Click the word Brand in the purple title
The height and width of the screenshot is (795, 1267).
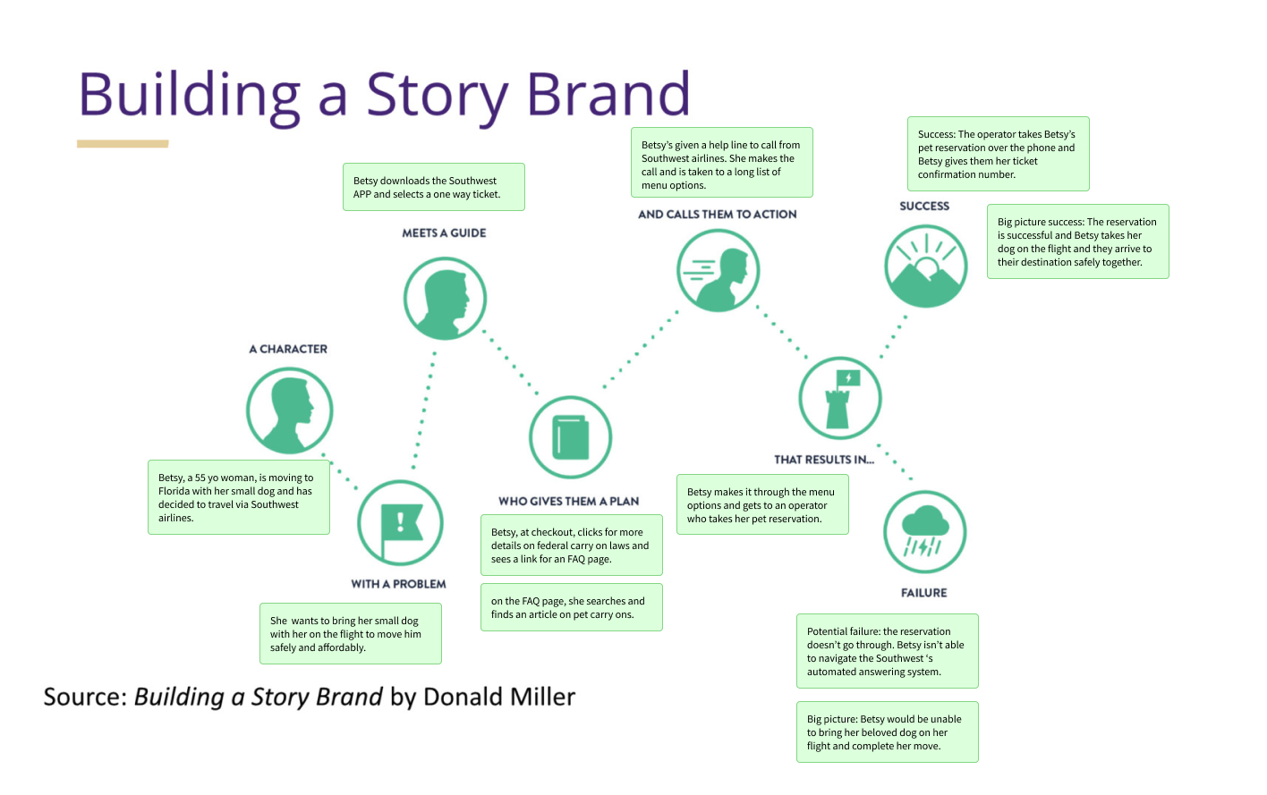tap(608, 94)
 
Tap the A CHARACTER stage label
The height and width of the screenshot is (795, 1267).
tap(288, 349)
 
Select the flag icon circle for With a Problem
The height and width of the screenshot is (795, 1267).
tap(400, 524)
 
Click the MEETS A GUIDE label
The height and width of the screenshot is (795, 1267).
tap(444, 233)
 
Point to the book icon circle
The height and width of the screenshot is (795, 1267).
tap(571, 437)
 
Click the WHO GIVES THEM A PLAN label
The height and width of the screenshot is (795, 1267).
tap(569, 501)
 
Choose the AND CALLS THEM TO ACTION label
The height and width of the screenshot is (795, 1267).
tap(718, 215)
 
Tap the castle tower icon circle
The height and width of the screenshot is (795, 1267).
tap(840, 398)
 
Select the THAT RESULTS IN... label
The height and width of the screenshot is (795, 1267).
tap(824, 460)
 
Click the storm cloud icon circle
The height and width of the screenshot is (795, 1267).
tap(924, 532)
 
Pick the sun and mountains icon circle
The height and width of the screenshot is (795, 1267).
tap(925, 266)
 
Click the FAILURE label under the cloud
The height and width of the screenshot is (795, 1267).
tap(923, 593)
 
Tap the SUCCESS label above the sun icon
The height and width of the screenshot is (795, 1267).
tap(924, 206)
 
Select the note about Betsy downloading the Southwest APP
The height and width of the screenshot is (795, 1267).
tap(434, 187)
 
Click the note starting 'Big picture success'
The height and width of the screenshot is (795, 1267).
tap(1077, 241)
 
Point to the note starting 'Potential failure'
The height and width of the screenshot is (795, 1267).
tap(887, 651)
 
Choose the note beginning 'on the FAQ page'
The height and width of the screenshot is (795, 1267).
tap(571, 607)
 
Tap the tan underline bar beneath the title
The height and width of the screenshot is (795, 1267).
tap(123, 144)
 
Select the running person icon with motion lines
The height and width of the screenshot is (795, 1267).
tap(718, 269)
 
